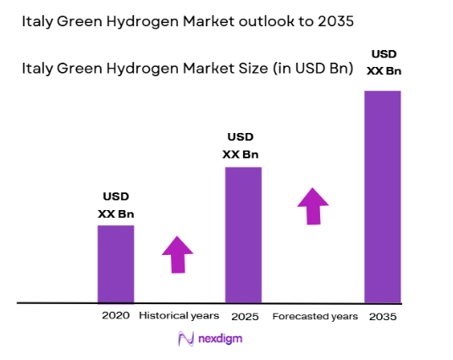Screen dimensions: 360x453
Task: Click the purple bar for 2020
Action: click(x=115, y=263)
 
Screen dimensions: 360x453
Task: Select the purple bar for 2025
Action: click(x=242, y=235)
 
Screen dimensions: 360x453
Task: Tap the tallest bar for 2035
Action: click(x=382, y=196)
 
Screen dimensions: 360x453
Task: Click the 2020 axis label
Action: click(x=115, y=315)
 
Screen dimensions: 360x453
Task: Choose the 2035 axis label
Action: click(x=382, y=316)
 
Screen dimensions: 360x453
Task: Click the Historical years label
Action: click(x=179, y=315)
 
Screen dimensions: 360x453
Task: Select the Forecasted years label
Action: click(x=314, y=316)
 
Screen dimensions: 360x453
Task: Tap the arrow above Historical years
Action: click(x=178, y=254)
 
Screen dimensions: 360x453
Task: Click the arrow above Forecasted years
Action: click(x=313, y=206)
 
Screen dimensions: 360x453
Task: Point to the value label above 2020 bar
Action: click(x=116, y=205)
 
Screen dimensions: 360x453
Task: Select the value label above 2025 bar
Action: click(x=240, y=146)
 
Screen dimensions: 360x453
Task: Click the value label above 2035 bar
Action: click(x=384, y=62)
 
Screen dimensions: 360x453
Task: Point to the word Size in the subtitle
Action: click(x=227, y=69)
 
